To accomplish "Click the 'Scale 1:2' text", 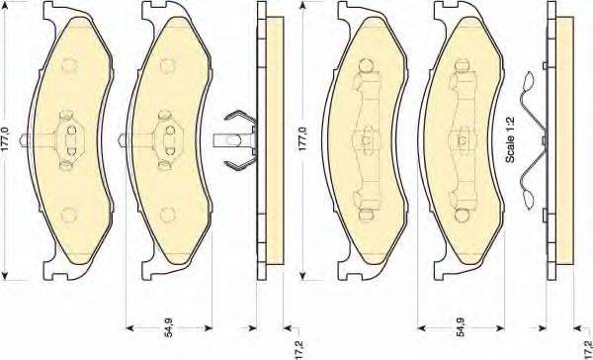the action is tap(510, 139).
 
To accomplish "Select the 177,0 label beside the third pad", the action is tap(303, 139).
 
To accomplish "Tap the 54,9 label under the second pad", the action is tap(169, 327).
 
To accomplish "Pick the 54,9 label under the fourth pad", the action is tap(461, 327).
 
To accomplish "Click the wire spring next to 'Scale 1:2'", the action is tap(534, 140).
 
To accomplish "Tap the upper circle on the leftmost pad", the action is tap(69, 65).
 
